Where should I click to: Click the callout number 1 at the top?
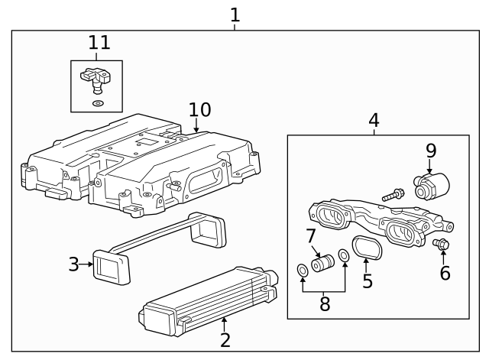point(235,15)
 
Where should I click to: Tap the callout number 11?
point(99,43)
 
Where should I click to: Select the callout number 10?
point(200,110)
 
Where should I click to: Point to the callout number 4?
point(374,121)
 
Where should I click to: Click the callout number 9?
point(431,151)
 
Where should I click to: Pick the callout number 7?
point(311,236)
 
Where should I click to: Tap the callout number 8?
point(325,304)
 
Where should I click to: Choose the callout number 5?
point(368,281)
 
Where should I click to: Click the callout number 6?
point(445,273)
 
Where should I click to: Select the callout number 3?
point(73,264)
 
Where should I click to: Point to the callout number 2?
point(225,340)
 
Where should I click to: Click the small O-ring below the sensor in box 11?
point(99,103)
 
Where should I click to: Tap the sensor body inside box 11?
point(96,79)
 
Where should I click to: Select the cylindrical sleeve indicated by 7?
point(322,263)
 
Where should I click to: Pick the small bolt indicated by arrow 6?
point(441,244)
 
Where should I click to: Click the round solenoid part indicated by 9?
point(431,186)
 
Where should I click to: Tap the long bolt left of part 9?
point(393,195)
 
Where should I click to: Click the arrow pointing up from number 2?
point(224,324)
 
